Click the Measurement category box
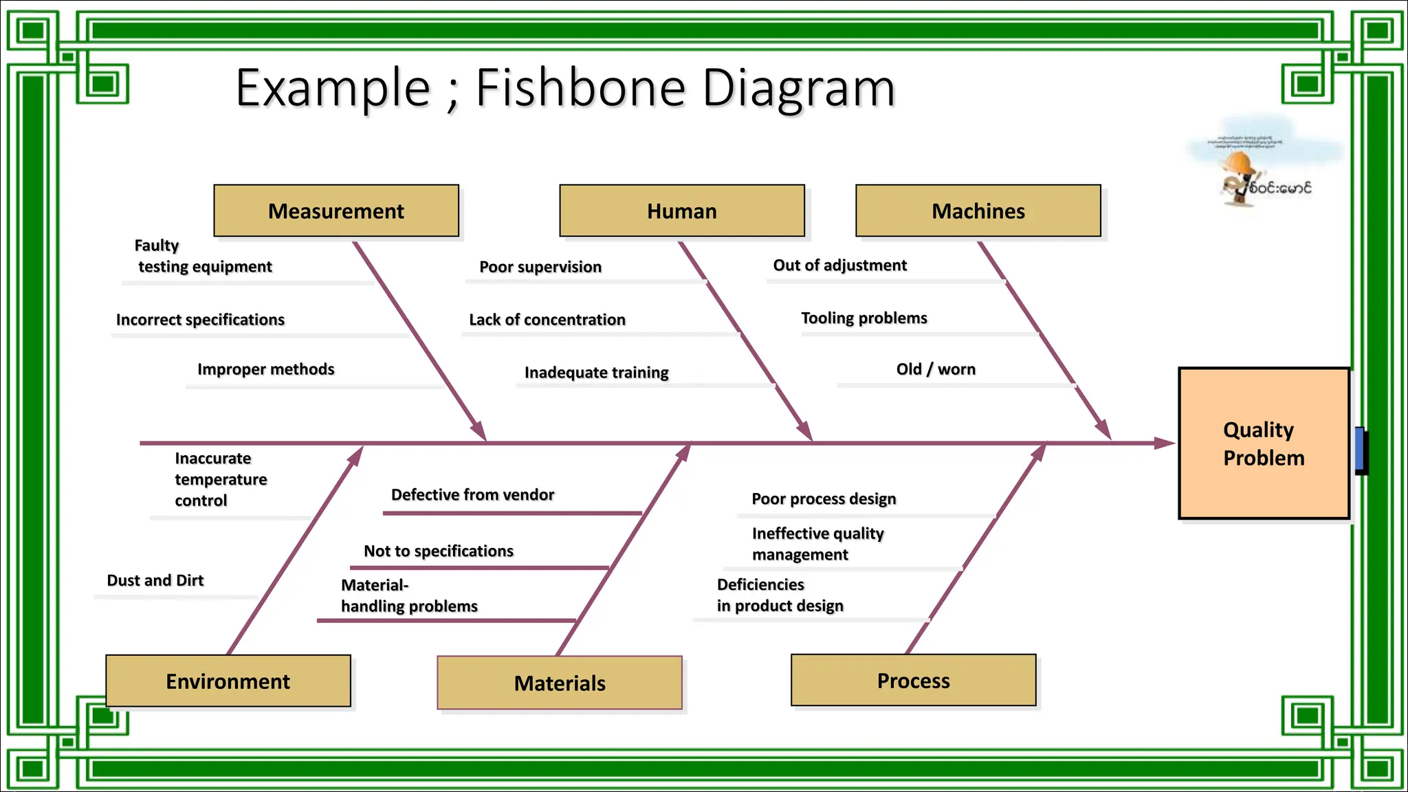(x=336, y=210)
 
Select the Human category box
(x=681, y=210)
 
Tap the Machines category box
(x=978, y=210)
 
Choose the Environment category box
(x=228, y=681)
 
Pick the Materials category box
(x=560, y=683)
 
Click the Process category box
(x=913, y=680)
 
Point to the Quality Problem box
(x=1264, y=443)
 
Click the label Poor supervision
(x=540, y=267)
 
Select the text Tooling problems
(x=863, y=318)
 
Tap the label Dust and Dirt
(x=155, y=580)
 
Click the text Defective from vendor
(x=472, y=494)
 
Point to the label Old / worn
(x=936, y=369)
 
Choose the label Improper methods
(x=265, y=369)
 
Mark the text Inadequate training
(x=596, y=372)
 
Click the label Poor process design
(x=824, y=498)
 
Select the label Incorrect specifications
(x=200, y=320)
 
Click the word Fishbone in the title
(x=580, y=88)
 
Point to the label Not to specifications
(x=439, y=551)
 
